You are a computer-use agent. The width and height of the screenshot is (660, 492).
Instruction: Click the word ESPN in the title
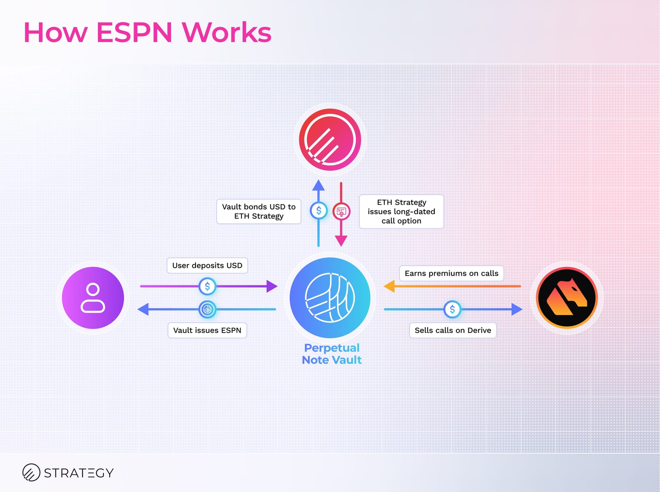[x=134, y=32]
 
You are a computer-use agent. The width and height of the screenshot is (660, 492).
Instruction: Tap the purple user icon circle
[x=93, y=298]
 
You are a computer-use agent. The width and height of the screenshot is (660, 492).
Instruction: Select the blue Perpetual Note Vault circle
[x=330, y=298]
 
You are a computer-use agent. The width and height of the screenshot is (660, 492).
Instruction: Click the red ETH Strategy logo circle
[x=330, y=139]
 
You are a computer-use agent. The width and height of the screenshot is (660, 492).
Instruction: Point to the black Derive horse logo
[x=567, y=298]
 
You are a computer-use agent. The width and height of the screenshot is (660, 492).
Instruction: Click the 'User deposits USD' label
[x=207, y=265]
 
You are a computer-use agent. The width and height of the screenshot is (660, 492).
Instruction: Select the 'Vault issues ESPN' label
[x=207, y=330]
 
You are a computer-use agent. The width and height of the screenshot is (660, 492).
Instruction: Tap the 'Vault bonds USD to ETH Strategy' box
[x=259, y=211]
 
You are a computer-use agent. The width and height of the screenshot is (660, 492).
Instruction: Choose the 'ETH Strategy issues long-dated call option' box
[x=401, y=211]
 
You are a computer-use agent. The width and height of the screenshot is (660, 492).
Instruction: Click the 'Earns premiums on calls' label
[x=451, y=273]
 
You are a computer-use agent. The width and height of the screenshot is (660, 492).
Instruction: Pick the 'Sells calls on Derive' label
[x=453, y=330]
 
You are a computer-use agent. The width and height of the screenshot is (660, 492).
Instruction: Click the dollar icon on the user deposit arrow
[x=207, y=286]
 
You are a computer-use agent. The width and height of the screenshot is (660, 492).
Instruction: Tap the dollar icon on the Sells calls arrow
[x=452, y=309]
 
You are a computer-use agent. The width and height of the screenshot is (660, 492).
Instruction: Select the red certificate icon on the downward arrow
[x=341, y=211]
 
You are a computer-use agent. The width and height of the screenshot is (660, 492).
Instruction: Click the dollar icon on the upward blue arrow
[x=318, y=210]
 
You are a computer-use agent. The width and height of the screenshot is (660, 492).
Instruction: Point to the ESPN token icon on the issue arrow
[x=207, y=309]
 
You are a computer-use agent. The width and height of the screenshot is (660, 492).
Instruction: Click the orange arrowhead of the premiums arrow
[x=389, y=286]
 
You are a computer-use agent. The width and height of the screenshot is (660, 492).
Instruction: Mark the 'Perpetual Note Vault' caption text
[x=332, y=354]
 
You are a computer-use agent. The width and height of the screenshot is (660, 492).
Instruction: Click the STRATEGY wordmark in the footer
[x=79, y=473]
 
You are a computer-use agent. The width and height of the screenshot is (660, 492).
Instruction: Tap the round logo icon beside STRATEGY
[x=31, y=472]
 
